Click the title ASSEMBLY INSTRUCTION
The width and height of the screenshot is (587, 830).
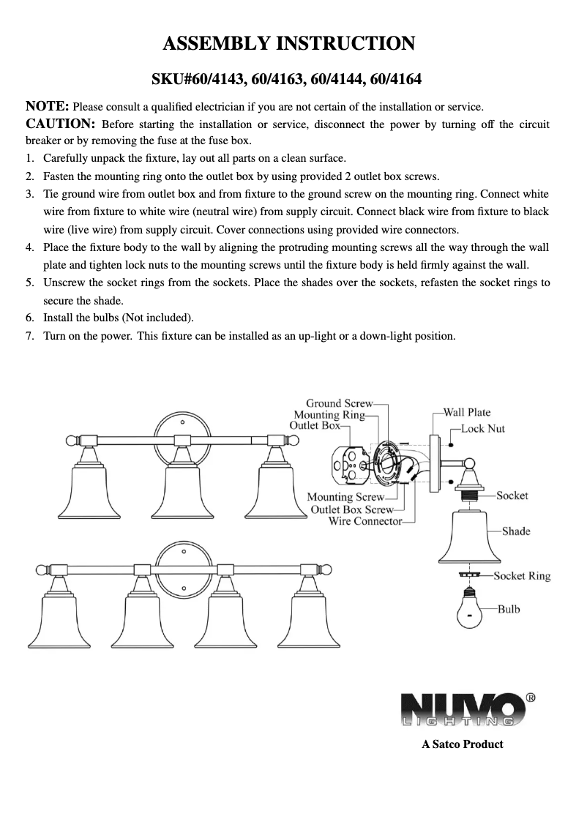click(x=288, y=44)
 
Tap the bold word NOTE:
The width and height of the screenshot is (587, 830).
click(x=48, y=107)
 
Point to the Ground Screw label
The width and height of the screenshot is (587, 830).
click(x=339, y=403)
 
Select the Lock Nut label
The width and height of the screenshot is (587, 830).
click(x=482, y=428)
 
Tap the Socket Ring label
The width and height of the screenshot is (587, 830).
click(x=521, y=576)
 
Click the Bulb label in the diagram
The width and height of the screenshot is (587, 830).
click(x=509, y=608)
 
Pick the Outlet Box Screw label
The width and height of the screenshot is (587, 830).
click(x=352, y=509)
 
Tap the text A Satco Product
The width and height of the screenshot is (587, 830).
click(x=462, y=744)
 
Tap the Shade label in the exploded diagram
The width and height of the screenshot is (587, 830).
click(x=515, y=531)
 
